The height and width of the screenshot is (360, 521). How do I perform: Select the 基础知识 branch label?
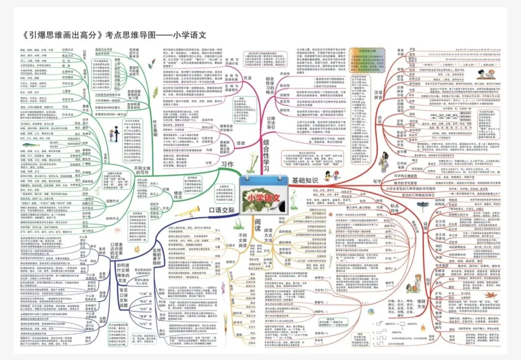305,180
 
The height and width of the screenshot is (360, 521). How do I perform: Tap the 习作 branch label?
227,164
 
